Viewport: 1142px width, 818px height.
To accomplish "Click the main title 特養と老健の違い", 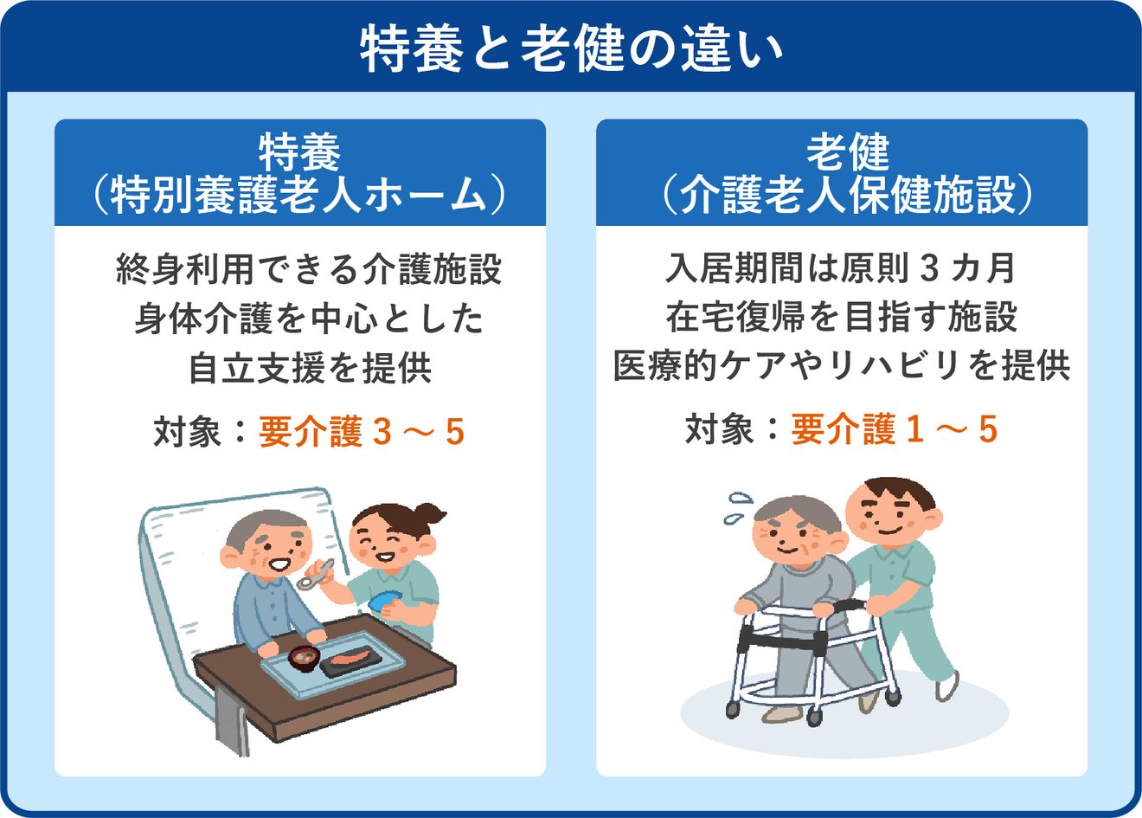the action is (x=570, y=50).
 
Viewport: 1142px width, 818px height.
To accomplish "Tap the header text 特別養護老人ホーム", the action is (x=298, y=196).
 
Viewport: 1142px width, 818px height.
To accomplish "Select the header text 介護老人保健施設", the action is (x=847, y=196).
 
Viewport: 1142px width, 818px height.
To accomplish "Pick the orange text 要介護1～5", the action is (x=895, y=428).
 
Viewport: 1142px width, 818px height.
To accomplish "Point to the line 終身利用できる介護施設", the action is (x=309, y=268).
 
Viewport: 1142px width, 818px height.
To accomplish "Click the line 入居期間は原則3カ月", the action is (x=840, y=268).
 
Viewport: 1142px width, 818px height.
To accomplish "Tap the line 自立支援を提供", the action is (x=310, y=368).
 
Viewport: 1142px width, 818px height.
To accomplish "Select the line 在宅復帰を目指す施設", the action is (x=841, y=317).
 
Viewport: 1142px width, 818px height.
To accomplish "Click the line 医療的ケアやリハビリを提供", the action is (x=841, y=365).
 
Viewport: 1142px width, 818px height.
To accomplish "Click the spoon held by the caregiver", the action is (x=315, y=575).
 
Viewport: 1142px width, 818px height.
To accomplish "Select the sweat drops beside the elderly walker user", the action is (x=737, y=508).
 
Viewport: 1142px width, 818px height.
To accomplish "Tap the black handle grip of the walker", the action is (x=852, y=605).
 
